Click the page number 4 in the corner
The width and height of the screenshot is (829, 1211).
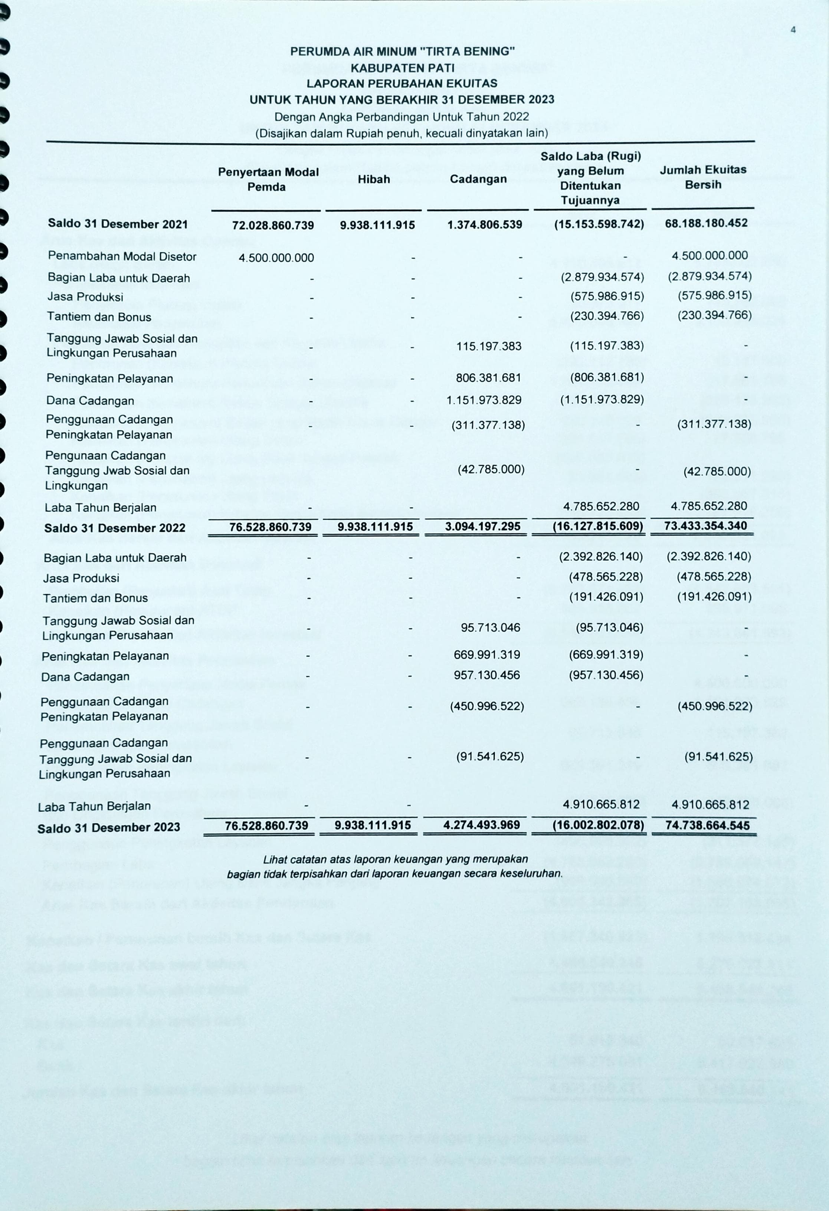[x=793, y=30]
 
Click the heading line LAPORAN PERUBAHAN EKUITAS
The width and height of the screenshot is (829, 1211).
[x=402, y=83]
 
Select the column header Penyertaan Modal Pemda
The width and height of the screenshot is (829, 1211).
[x=268, y=179]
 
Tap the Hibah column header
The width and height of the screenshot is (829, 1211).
[x=374, y=179]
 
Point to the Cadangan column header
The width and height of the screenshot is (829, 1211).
[x=478, y=179]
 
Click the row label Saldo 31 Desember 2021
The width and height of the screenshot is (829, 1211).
[x=118, y=224]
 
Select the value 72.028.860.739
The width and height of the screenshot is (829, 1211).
[x=273, y=225]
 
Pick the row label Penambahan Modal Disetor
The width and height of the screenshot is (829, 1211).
[x=122, y=256]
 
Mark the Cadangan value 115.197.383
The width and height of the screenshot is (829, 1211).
[x=488, y=346]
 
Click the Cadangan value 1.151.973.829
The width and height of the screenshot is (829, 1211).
[x=484, y=400]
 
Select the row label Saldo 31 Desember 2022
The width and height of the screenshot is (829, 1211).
[x=115, y=528]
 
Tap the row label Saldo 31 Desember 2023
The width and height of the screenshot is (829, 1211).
[x=108, y=827]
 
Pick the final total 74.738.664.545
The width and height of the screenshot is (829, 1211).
[x=707, y=826]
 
